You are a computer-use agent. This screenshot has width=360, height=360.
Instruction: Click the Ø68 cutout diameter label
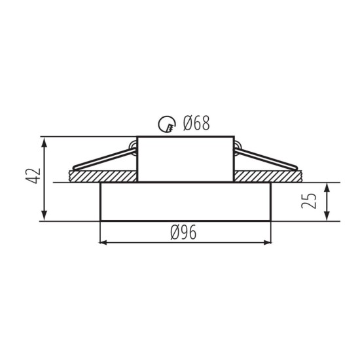196,122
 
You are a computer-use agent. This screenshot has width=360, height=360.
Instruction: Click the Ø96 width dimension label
185,233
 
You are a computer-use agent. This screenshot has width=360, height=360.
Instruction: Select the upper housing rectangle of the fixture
185,159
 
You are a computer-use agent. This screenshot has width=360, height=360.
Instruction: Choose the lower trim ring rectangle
185,202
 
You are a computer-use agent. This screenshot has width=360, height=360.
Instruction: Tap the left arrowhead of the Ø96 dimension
103,243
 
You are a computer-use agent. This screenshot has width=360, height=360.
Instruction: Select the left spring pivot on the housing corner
134,143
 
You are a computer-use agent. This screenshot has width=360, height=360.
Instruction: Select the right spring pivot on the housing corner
237,143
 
